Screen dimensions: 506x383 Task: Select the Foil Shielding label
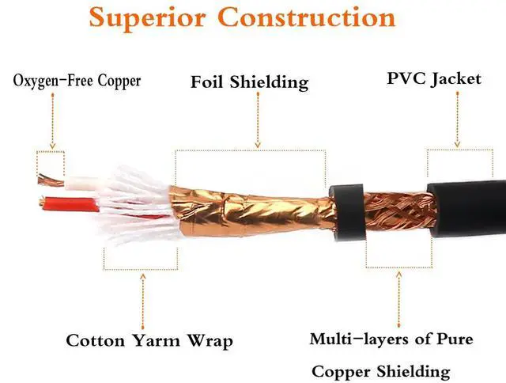[x=250, y=82]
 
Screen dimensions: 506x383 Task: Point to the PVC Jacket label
[x=433, y=79]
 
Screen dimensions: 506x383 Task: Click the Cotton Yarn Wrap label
[x=149, y=341]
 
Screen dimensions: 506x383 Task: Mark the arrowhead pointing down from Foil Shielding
[x=258, y=144]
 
